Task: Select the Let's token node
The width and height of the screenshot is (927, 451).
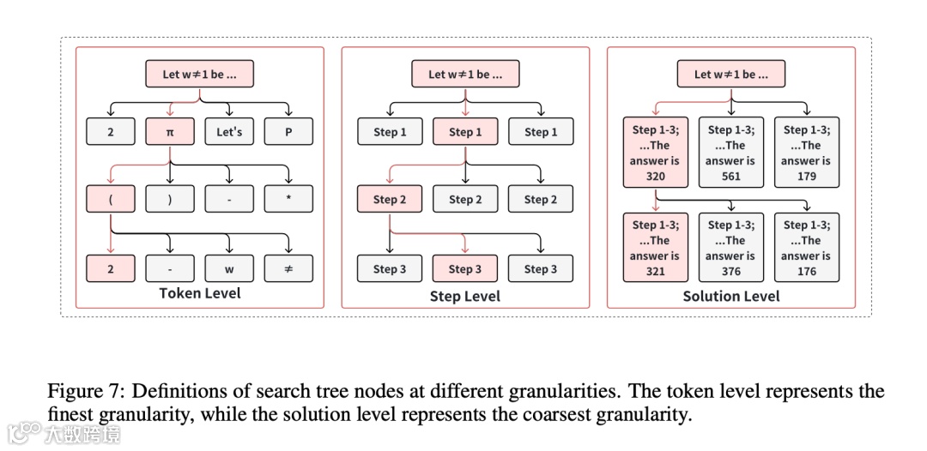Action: (x=229, y=131)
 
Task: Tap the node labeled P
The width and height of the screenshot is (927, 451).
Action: (x=288, y=131)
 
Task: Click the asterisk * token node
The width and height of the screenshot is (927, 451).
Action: (x=288, y=199)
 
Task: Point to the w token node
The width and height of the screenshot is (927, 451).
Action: (x=229, y=268)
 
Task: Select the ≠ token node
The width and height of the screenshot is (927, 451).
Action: (x=288, y=268)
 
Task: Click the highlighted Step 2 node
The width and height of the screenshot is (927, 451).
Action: (x=390, y=199)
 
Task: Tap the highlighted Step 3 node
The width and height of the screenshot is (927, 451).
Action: (x=465, y=268)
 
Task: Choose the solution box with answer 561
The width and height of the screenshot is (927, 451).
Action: (x=731, y=153)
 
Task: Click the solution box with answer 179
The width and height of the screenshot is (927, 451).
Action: (x=807, y=153)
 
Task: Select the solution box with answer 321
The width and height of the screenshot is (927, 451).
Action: (x=655, y=248)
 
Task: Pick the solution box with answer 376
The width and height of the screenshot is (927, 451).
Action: (x=731, y=248)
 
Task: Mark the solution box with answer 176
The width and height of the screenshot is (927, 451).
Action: (x=807, y=248)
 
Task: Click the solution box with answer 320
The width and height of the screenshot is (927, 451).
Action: (x=655, y=153)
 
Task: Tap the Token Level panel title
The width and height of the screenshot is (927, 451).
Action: (x=200, y=293)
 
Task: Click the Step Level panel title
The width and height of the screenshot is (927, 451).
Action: (x=465, y=296)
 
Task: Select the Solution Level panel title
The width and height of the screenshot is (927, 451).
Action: (x=731, y=296)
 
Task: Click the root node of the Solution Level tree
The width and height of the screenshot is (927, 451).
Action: (x=731, y=74)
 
